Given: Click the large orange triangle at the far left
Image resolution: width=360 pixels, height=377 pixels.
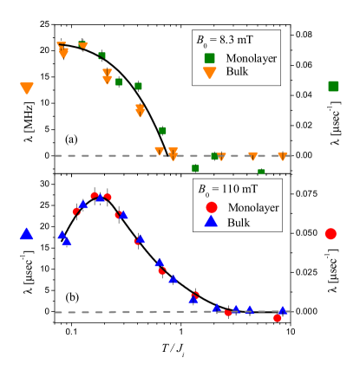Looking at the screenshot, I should (x=27, y=88).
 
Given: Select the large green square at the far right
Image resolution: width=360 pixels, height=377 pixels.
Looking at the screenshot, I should (x=333, y=86).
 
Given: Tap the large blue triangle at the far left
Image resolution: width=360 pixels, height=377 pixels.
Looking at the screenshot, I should (x=26, y=233).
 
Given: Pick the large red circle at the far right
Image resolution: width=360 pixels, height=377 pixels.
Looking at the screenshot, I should (x=331, y=234).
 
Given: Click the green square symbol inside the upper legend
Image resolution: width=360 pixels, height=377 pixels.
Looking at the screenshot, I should (x=210, y=58).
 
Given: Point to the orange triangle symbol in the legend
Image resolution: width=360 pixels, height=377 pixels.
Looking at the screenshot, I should (x=210, y=72).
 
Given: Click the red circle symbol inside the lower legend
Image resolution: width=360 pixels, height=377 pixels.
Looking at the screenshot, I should (x=211, y=208).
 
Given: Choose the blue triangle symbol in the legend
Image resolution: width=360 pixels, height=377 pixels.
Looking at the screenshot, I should (x=211, y=222).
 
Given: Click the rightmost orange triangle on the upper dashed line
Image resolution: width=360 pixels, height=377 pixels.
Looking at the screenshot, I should (x=282, y=156).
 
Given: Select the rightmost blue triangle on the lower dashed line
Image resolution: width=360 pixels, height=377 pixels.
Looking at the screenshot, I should (x=282, y=309).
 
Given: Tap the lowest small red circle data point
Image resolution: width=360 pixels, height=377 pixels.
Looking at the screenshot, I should (x=277, y=318).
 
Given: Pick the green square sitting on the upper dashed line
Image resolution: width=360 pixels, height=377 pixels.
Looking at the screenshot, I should (x=215, y=157).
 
